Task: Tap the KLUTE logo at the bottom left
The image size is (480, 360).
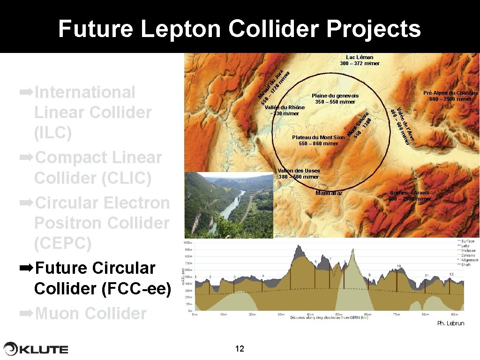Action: [37, 349]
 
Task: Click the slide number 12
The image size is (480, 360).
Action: [240, 348]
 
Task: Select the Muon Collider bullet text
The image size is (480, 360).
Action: [90, 313]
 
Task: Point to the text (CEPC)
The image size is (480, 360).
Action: [63, 244]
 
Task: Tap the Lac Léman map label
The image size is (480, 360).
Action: [360, 57]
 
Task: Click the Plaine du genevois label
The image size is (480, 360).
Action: [335, 96]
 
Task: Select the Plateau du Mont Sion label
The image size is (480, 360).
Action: [318, 137]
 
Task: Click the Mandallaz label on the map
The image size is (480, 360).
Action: [329, 193]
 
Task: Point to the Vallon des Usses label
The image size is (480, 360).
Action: [299, 171]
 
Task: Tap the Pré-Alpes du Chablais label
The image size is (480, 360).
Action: [450, 93]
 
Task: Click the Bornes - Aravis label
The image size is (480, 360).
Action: [409, 193]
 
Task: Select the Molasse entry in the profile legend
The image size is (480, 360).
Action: [467, 250]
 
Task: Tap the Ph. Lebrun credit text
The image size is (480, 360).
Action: [450, 323]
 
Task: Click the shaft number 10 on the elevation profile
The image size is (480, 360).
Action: [398, 266]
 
